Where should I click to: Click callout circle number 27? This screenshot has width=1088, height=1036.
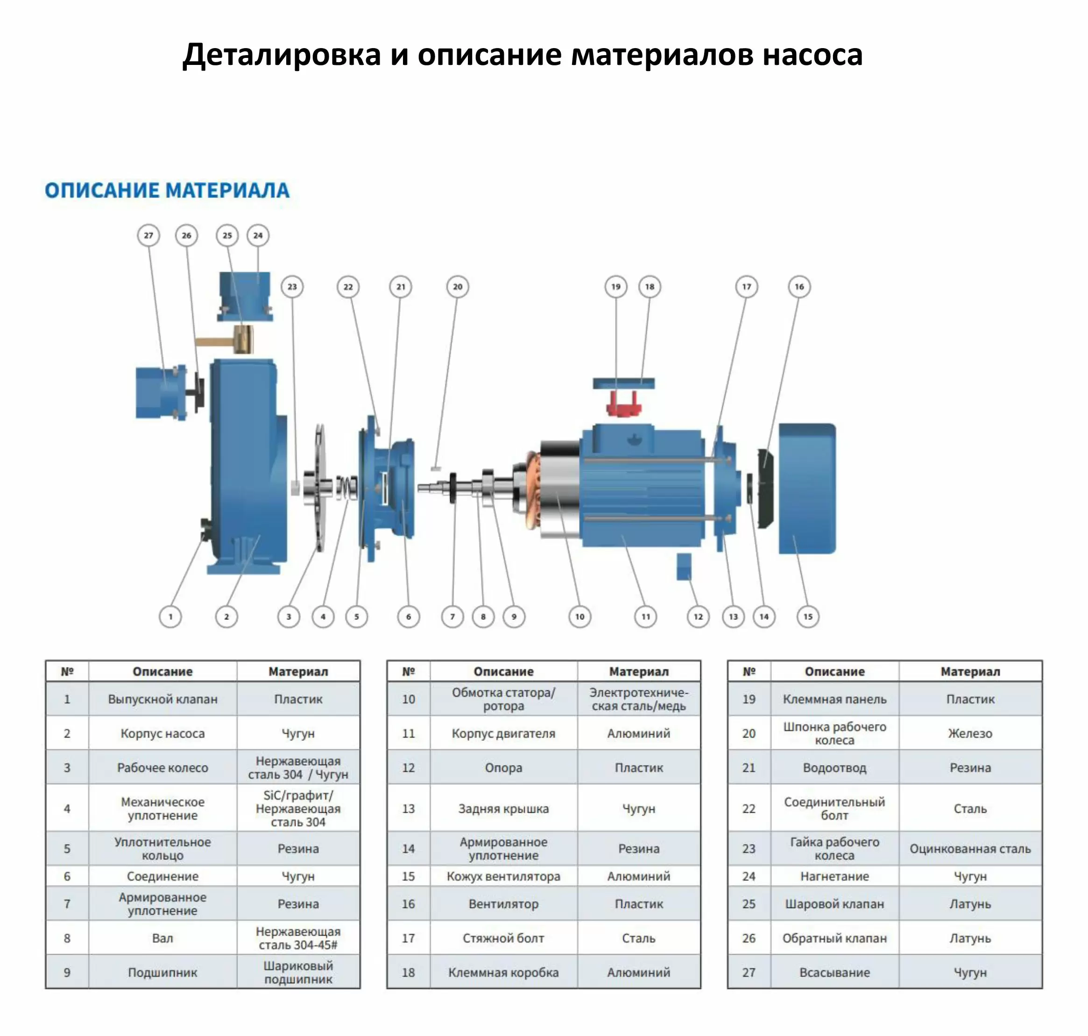(148, 235)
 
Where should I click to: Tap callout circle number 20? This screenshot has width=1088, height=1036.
(458, 287)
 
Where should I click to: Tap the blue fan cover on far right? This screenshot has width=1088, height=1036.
(806, 488)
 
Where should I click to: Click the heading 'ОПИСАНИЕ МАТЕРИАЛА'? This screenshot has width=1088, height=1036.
(167, 191)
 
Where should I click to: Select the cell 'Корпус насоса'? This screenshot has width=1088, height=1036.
(162, 733)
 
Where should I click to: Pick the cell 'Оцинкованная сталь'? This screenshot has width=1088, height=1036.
(970, 848)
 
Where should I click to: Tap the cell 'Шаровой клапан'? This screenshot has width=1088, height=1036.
(834, 903)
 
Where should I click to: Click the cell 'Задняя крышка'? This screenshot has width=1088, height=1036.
(503, 809)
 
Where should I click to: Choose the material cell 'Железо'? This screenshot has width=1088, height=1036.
(970, 733)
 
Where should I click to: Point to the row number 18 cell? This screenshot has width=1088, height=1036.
(408, 972)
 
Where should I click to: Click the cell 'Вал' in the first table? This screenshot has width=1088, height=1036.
(162, 938)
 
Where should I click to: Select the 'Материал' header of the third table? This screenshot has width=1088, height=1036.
(970, 672)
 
